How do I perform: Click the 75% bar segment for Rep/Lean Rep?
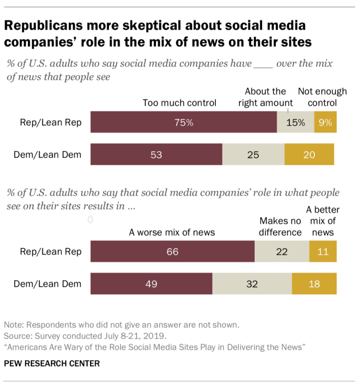183,122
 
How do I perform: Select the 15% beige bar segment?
295,122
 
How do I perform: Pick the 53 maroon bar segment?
156,154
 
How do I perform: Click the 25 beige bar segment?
253,154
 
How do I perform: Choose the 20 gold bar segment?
309,154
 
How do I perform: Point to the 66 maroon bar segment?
172,252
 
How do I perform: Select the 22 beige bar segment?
281,252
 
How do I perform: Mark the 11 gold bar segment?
322,252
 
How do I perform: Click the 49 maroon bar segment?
151,283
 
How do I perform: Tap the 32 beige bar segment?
252,283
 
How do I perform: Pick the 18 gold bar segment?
314,283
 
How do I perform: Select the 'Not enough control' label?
322,97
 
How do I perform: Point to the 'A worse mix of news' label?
171,232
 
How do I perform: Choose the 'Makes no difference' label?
280,227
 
